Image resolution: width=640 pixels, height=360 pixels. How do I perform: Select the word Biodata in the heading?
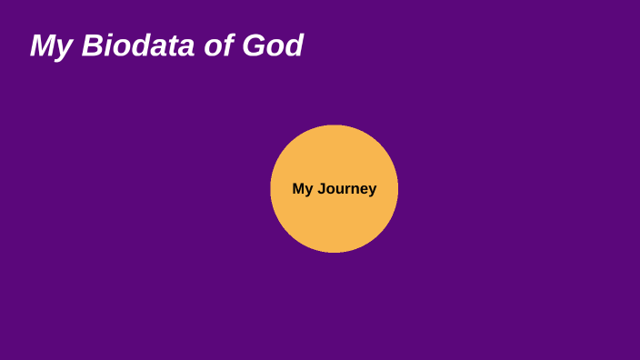(138, 45)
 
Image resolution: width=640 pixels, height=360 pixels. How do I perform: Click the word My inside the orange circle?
(302, 189)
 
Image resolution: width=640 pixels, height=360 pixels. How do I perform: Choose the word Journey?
(346, 189)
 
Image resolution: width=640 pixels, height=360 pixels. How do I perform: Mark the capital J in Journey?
(321, 189)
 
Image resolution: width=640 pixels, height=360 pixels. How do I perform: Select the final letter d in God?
(294, 45)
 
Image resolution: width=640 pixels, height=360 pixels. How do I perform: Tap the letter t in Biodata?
(169, 45)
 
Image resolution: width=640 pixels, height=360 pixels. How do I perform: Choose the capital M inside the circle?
(298, 189)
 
